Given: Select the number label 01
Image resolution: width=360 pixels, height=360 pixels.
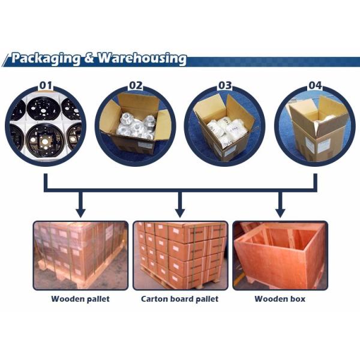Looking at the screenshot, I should click(x=46, y=85).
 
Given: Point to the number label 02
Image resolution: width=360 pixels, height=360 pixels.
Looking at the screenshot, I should click(x=136, y=85).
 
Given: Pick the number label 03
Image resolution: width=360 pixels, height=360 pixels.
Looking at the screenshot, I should click(x=224, y=85).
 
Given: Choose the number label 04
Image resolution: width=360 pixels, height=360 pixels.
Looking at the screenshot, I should click(x=314, y=85).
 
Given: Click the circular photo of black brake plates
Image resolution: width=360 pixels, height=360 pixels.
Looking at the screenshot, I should click(x=46, y=126).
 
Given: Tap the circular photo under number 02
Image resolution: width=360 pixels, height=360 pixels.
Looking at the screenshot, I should click(x=136, y=126).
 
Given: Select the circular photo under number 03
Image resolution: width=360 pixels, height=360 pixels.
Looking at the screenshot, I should click(x=224, y=126).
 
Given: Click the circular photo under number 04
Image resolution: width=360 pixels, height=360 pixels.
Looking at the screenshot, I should click(x=314, y=126).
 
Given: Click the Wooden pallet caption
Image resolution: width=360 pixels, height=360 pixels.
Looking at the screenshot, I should click(x=80, y=298).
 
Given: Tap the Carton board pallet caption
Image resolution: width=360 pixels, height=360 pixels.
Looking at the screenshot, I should click(x=179, y=298).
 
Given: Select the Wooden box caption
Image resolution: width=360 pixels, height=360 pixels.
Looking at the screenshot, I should click(x=280, y=298).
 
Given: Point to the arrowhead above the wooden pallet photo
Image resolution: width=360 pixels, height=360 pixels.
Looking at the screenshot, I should click(x=80, y=212).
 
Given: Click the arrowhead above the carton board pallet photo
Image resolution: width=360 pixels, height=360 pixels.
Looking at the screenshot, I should click(x=179, y=212).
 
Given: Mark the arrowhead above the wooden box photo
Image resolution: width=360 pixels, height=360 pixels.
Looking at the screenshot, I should click(x=280, y=212).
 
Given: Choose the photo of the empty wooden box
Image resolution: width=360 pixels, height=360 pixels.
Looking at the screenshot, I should click(x=280, y=255).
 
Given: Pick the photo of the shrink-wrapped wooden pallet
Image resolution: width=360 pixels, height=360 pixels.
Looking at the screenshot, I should click(x=80, y=255).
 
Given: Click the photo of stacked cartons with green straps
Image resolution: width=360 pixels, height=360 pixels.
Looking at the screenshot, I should click(x=180, y=255).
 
